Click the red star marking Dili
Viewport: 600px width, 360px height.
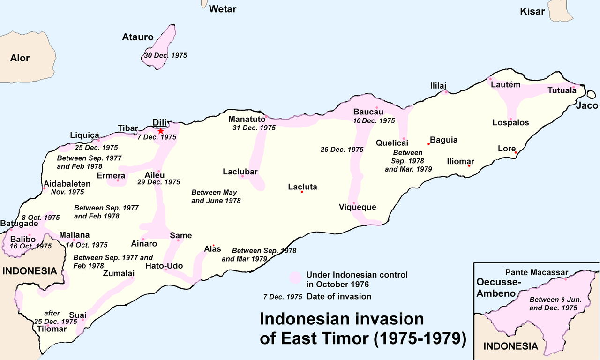(x=161, y=131)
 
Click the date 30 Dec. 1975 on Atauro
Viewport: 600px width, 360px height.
(x=165, y=55)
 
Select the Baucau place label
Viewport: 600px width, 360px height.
(x=368, y=112)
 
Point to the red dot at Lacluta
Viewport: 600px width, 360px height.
(x=302, y=192)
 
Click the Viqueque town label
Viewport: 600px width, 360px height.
(x=358, y=207)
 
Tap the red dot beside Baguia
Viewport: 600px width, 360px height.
(x=428, y=144)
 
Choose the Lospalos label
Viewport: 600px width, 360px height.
(x=510, y=123)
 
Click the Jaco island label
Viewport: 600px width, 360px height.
(x=587, y=105)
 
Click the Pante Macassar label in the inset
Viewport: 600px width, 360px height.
(x=537, y=272)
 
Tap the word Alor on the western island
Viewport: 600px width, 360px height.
(x=20, y=58)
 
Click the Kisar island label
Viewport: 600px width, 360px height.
(x=532, y=11)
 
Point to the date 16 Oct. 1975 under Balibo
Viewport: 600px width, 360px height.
(x=30, y=246)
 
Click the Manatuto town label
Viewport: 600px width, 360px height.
(x=247, y=119)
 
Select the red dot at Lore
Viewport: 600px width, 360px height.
(x=516, y=152)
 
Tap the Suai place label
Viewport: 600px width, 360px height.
(x=78, y=315)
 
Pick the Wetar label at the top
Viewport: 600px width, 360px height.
(x=223, y=9)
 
